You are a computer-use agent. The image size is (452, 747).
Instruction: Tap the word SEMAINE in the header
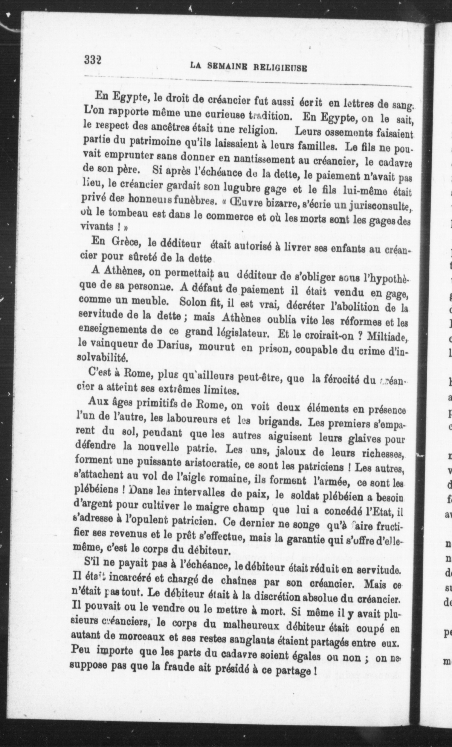228,67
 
